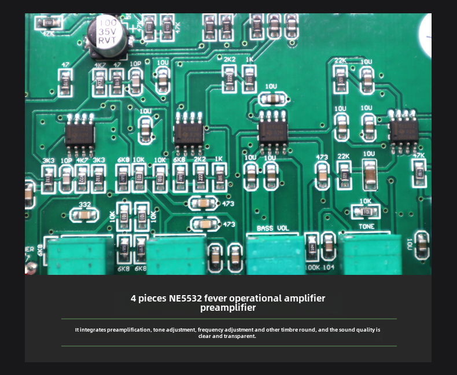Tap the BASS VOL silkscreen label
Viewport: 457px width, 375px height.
tap(272, 229)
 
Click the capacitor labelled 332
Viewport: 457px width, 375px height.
tap(84, 215)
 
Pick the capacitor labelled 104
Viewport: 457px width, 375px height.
tap(328, 247)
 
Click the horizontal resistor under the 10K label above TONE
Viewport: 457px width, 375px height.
tap(366, 212)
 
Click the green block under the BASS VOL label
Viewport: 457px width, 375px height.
tap(275, 255)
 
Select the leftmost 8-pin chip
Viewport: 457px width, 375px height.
tap(79, 134)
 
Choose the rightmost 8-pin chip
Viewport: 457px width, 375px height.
tap(403, 131)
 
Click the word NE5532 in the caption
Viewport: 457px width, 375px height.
tap(185, 299)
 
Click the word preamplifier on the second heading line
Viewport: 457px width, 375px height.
tap(228, 308)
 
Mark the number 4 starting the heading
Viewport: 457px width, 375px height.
tap(134, 299)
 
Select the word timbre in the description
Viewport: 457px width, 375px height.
tap(289, 330)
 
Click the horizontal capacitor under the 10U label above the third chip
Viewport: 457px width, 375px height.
tap(271, 99)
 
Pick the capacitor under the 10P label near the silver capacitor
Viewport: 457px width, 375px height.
tap(135, 83)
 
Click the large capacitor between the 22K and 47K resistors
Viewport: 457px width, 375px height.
tap(369, 174)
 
